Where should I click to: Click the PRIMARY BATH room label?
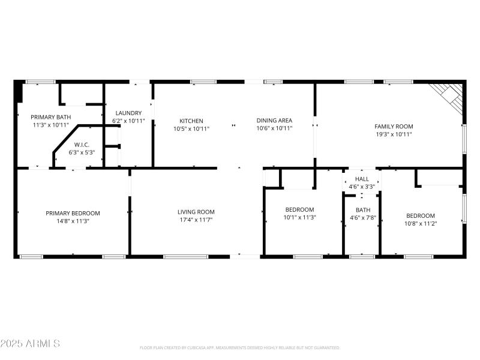coord(50,117)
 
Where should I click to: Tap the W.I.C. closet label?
coord(82,145)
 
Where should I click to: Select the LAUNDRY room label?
coord(128,113)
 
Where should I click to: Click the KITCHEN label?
coord(191,121)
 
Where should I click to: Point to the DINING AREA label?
coord(274,121)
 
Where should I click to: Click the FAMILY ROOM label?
coord(394,126)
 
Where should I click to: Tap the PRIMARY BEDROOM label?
coord(73,213)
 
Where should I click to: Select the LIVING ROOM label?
coord(196,212)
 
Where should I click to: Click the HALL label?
coord(362,179)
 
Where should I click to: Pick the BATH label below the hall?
coord(362,210)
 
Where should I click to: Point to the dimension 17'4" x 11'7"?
coord(196,220)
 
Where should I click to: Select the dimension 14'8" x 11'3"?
coord(73,221)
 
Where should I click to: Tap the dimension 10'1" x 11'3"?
coord(299,217)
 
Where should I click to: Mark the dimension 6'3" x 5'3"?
coord(82,152)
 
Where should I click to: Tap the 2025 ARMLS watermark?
coord(30,344)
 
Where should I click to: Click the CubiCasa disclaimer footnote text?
coord(240,347)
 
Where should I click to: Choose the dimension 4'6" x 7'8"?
coord(362,218)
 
